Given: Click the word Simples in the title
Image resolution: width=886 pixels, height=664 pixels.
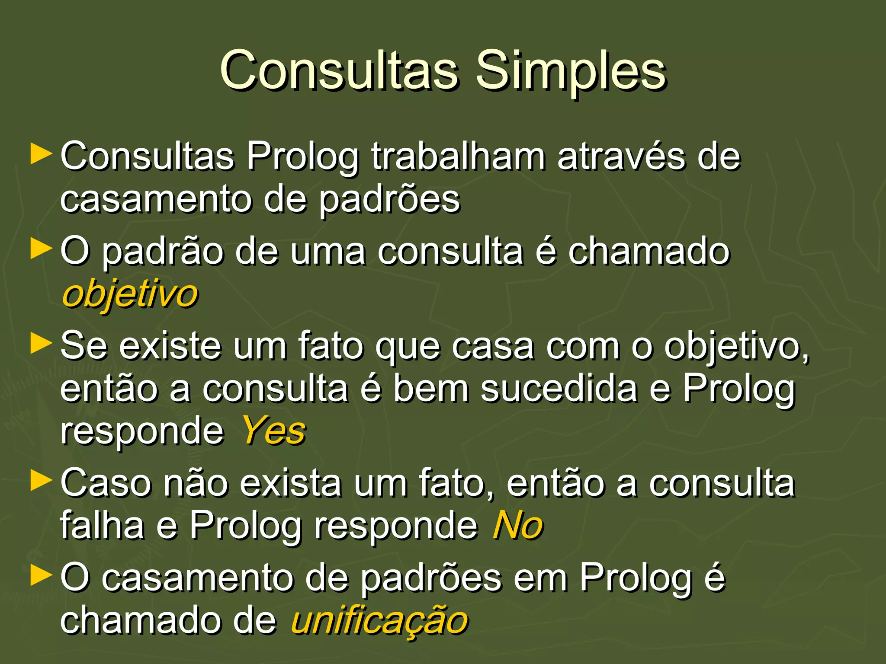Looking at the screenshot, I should point(571,70).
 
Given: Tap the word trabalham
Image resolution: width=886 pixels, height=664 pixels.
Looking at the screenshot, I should point(458,156).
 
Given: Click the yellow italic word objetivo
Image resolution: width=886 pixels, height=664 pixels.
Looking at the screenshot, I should point(130,295).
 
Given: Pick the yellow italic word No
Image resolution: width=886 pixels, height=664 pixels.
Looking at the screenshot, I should point(517,526).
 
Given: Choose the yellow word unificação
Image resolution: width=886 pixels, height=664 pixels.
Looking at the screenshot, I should point(379,621).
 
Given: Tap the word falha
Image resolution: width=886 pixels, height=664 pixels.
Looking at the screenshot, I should point(102,525).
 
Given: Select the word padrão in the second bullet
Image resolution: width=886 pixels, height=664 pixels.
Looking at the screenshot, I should point(163,252).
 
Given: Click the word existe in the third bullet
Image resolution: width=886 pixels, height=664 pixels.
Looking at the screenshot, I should point(170,346).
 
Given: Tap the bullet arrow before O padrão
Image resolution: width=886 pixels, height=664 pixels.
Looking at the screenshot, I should point(42,250).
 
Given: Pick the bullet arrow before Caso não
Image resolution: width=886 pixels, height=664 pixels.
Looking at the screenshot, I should point(42,482).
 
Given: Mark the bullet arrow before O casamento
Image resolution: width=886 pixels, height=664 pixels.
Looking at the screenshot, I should point(42,576).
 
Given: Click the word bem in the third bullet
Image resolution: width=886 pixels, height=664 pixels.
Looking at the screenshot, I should point(431,388).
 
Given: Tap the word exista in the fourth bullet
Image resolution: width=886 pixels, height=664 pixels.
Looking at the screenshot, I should point(290,483).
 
